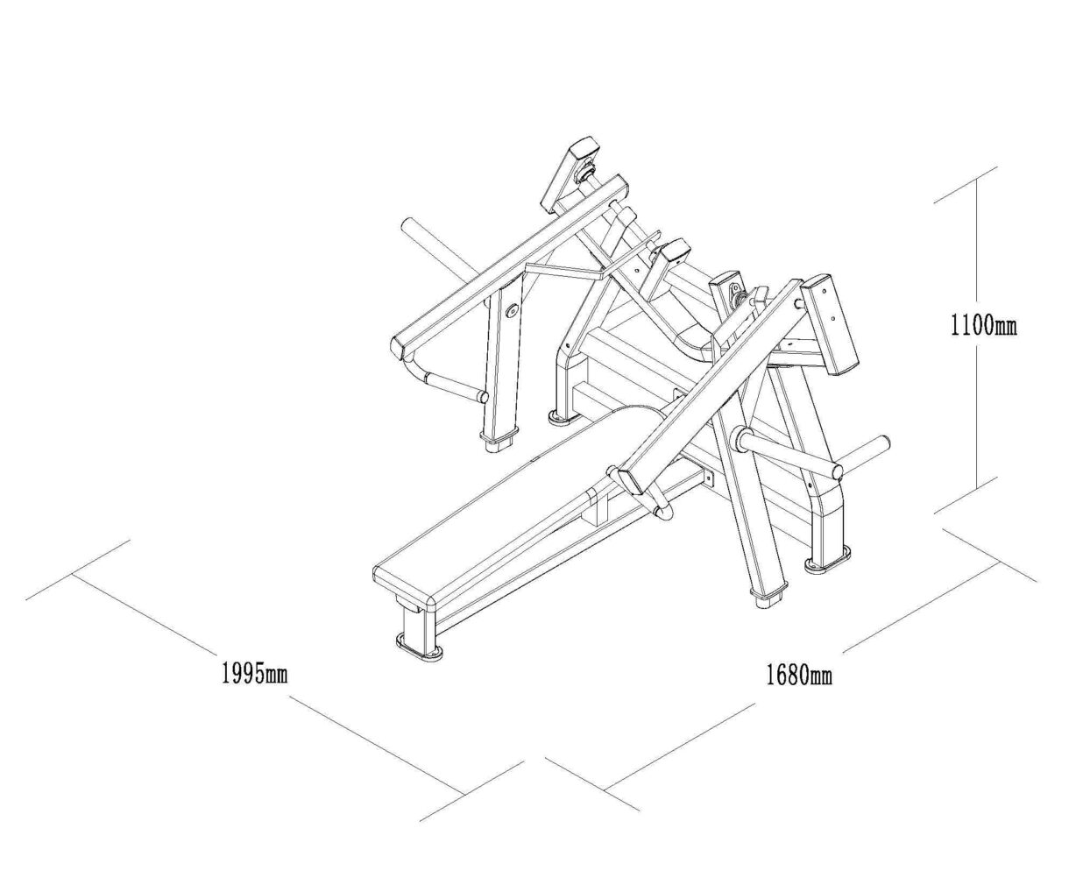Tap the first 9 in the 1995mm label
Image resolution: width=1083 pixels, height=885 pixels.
point(237,674)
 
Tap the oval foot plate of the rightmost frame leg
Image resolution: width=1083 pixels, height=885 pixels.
point(827,564)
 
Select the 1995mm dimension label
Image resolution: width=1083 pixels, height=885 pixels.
point(254,674)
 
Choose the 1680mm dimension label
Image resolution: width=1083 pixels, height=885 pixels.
point(799,676)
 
